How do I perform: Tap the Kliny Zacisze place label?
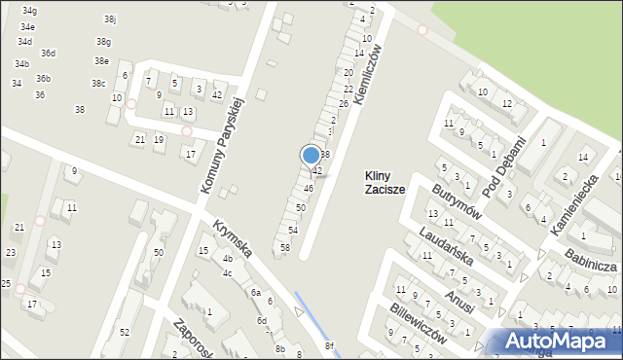click(384, 182)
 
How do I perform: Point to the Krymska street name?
click(234, 238)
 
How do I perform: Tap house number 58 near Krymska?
click(285, 248)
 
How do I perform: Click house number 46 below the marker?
click(308, 188)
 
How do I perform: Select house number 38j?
click(110, 19)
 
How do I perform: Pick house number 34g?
click(28, 10)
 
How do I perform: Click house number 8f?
click(329, 346)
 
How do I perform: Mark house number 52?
click(124, 333)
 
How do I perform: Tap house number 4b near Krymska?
click(228, 259)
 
